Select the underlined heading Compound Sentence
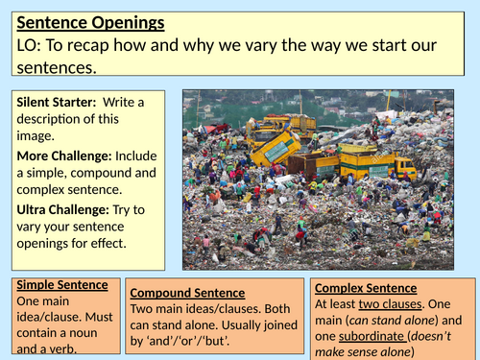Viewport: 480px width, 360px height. click(x=187, y=292)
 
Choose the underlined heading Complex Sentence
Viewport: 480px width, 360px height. click(x=366, y=287)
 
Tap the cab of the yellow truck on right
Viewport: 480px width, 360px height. click(x=402, y=169)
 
